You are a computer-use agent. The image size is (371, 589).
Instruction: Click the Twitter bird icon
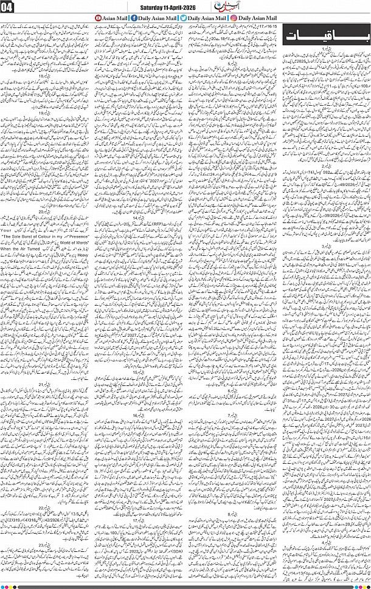183,19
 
